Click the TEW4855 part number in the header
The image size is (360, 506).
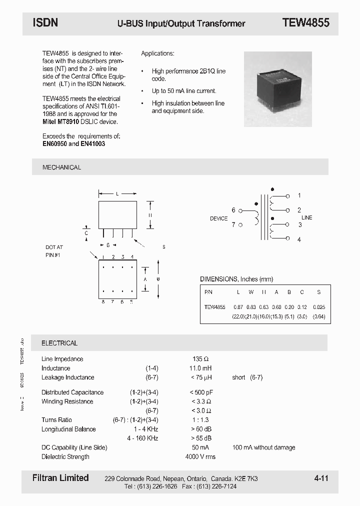point(305,22)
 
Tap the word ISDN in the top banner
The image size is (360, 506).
point(45,22)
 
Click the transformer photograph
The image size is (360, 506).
point(277,82)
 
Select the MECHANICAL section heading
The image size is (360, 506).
point(61,167)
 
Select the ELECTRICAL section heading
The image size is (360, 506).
point(59,343)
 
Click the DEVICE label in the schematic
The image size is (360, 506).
point(218,218)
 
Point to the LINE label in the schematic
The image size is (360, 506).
point(306,217)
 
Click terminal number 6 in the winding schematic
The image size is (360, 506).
point(233,210)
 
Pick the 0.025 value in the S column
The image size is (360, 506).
point(318,306)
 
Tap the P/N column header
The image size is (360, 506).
point(208,292)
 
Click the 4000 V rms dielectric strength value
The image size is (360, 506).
point(200,456)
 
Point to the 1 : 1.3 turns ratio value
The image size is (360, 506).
point(200,420)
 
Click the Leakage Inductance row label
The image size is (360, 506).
point(67,377)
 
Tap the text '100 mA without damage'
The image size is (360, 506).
point(263,447)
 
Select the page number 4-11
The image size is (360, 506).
point(321,478)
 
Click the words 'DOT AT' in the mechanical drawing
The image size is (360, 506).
point(54,247)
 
